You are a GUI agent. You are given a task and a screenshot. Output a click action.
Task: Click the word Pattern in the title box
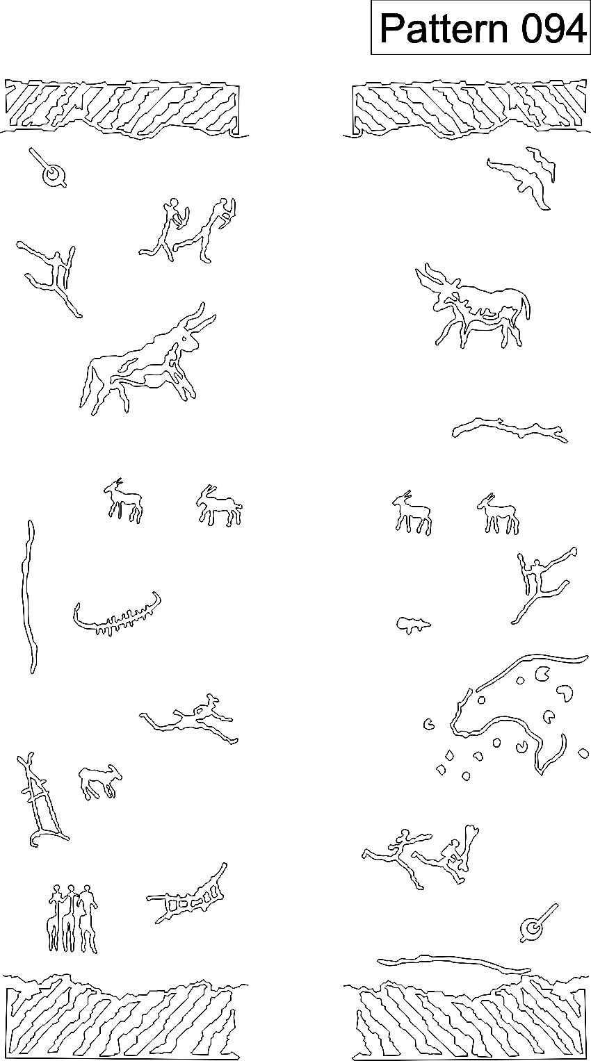point(444,28)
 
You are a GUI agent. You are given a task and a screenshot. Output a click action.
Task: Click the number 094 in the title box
point(553,28)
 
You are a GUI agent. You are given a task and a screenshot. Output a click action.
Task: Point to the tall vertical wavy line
point(29,597)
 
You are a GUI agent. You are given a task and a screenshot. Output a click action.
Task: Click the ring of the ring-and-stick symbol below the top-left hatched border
point(54,175)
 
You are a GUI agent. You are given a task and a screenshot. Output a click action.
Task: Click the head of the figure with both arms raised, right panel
point(536,564)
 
